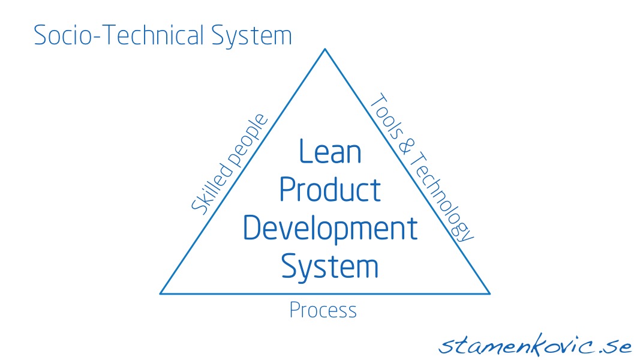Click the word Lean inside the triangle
(330, 151)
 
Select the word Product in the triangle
(330, 190)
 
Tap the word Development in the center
(330, 229)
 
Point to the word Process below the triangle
(323, 310)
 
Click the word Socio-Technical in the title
(119, 35)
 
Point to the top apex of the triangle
(325, 49)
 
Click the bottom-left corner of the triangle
(160, 293)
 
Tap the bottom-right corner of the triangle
(489, 293)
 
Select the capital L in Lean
(306, 151)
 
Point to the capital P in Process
(295, 310)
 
